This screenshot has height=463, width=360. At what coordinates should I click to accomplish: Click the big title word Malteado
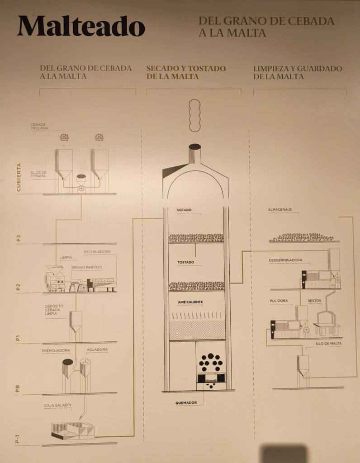[81, 26]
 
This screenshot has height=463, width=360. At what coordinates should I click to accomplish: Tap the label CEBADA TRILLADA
[39, 127]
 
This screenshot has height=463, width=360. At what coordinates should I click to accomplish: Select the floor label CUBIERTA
[19, 177]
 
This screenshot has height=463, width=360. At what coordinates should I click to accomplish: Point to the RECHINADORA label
[97, 252]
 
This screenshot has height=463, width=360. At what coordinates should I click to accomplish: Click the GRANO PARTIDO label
[86, 267]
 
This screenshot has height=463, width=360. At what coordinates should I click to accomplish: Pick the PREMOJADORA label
[56, 351]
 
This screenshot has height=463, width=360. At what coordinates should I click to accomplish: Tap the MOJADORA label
[97, 350]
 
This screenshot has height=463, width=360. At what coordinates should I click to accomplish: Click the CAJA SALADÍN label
[57, 406]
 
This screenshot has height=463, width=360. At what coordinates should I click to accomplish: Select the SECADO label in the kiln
[184, 210]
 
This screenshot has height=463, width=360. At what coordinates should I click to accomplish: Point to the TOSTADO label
[186, 262]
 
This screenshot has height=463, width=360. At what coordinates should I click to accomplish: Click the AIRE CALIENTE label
[190, 302]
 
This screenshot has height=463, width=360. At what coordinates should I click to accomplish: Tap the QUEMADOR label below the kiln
[186, 403]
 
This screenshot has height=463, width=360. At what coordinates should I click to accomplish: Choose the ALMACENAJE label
[279, 209]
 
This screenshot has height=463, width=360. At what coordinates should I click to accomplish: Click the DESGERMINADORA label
[285, 260]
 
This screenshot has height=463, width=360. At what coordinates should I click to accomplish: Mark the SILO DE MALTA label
[328, 344]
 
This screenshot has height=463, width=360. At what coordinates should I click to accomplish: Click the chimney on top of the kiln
[194, 154]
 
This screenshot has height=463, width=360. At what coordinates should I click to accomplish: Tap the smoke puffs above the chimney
[194, 115]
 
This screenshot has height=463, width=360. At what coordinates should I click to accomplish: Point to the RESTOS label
[314, 301]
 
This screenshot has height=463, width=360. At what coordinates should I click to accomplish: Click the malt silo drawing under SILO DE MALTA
[303, 371]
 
